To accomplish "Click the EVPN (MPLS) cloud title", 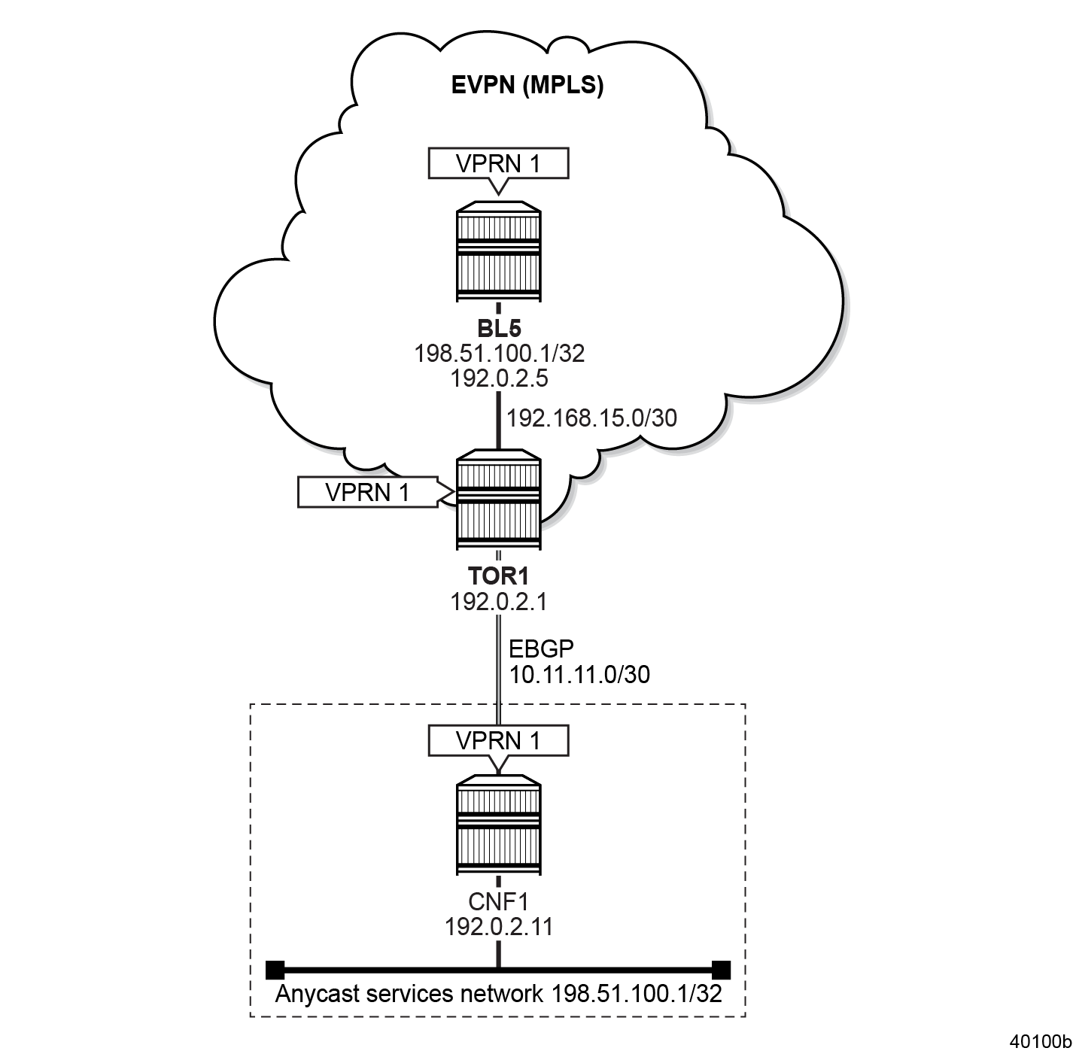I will click(527, 85).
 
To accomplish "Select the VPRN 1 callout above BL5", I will click(498, 163).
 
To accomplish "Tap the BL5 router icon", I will click(498, 252).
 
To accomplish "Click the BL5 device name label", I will click(499, 329).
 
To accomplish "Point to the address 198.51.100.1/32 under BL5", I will click(499, 354).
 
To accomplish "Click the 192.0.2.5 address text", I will click(499, 378).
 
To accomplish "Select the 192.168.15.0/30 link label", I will click(592, 418).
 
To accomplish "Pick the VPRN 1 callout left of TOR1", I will click(367, 492).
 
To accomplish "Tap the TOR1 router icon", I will click(498, 500).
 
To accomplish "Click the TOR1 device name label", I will click(499, 576).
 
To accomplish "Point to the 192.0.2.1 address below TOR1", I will click(499, 602).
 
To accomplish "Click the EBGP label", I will click(541, 649).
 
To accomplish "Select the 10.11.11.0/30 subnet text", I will click(579, 674).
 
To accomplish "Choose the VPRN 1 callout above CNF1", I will click(498, 740).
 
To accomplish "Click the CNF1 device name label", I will click(499, 901).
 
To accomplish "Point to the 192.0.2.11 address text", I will click(499, 927).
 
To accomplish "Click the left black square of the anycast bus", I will click(275, 969).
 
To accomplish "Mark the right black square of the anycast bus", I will click(721, 969).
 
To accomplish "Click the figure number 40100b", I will click(1040, 1041).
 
